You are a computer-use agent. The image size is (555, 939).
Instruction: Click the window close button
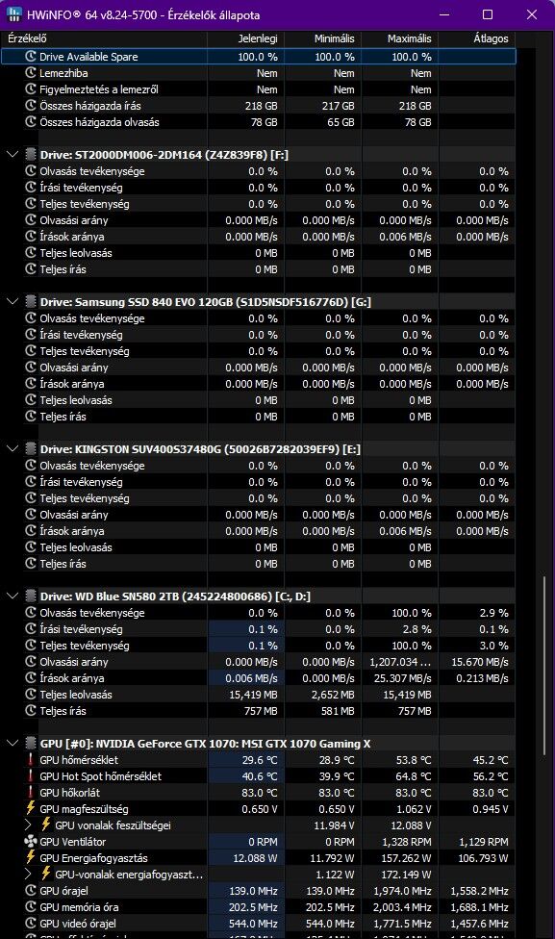531,14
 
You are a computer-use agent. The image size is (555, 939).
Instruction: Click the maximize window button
488,14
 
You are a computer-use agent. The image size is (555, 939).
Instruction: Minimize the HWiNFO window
444,14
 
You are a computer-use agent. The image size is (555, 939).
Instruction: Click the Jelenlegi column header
258,38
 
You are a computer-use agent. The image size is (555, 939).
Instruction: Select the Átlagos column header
491,38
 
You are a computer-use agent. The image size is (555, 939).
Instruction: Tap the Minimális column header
334,38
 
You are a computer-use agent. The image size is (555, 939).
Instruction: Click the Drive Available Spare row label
88,57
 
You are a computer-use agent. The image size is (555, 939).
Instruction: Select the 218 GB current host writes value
261,106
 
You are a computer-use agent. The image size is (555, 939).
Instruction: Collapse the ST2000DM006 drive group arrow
13,155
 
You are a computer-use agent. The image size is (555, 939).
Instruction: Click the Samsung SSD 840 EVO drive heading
205,302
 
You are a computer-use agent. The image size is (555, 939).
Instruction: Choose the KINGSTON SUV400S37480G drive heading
200,449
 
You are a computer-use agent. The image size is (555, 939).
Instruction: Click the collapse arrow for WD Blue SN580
13,596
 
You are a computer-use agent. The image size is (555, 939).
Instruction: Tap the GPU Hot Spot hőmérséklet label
101,776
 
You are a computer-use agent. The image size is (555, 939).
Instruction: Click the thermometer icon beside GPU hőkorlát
31,793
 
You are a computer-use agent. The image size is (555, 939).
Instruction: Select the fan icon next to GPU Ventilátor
31,842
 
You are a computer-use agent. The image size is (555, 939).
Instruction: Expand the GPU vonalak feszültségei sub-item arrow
28,825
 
